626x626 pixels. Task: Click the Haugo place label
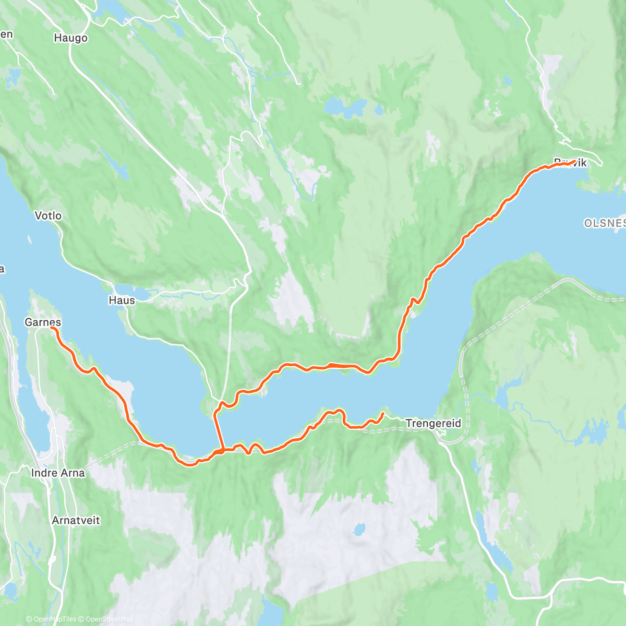(x=70, y=38)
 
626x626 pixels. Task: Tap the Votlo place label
(x=48, y=215)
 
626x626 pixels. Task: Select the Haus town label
(x=122, y=300)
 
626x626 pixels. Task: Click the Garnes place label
(x=43, y=322)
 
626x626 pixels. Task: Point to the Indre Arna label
(x=58, y=473)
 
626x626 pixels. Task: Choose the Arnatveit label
(x=76, y=520)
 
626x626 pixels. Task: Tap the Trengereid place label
(x=433, y=424)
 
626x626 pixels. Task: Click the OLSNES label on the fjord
(x=604, y=223)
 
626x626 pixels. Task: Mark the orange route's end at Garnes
(x=52, y=329)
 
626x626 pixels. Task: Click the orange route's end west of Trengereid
(x=383, y=414)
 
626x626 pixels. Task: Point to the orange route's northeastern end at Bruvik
(x=574, y=161)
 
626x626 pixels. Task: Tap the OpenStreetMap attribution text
(x=109, y=619)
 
